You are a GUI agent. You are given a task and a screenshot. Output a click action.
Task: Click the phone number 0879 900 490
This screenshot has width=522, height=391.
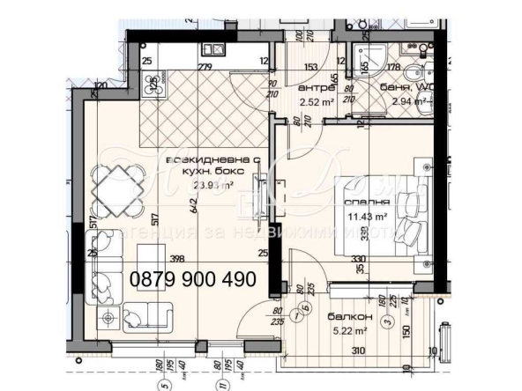[x=193, y=279]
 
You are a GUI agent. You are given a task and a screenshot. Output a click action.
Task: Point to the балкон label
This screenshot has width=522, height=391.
[x=354, y=315]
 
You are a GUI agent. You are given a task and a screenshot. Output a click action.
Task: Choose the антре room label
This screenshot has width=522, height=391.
[x=317, y=88]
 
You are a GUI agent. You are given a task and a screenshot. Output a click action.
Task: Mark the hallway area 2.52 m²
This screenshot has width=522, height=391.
[x=315, y=102]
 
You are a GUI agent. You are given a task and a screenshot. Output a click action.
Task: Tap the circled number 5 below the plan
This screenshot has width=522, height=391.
[x=160, y=384]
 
